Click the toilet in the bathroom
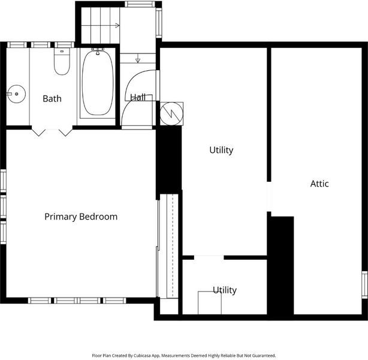click(62, 62)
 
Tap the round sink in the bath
click(16, 94)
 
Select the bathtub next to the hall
click(98, 83)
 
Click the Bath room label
click(52, 98)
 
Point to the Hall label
click(138, 97)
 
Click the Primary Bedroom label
click(81, 217)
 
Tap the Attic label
click(319, 184)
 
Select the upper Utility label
click(221, 150)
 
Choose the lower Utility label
click(225, 290)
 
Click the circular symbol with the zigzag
click(171, 114)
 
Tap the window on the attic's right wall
click(364, 284)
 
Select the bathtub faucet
click(98, 51)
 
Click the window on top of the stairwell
click(140, 4)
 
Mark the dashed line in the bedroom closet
click(173, 245)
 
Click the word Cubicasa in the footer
click(143, 356)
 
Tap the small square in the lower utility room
click(210, 303)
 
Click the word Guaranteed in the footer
click(263, 356)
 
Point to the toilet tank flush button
click(62, 51)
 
